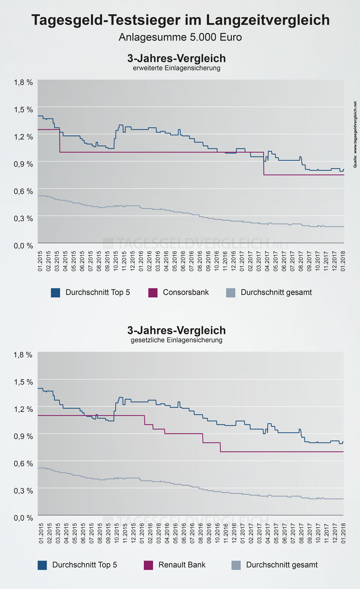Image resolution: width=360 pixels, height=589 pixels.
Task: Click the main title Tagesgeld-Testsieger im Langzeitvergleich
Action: coord(180,20)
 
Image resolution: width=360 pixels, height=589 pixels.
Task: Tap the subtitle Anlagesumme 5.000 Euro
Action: coord(180,37)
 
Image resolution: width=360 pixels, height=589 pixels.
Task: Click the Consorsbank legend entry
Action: coord(185,292)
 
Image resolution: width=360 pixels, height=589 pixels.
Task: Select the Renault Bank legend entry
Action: coord(182,565)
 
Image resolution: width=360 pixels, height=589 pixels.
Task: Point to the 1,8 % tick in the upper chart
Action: coord(23,82)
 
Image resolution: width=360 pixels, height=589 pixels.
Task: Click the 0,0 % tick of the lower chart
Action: coord(23,518)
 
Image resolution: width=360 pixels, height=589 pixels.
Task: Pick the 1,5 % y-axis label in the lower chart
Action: coord(23,382)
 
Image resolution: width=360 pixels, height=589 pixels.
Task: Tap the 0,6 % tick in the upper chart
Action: coord(23,191)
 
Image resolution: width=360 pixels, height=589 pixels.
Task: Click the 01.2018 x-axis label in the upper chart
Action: coord(343,261)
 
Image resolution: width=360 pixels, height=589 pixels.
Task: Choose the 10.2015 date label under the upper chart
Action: coord(116,261)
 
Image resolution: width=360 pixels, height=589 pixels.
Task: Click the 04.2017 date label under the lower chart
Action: coord(268,533)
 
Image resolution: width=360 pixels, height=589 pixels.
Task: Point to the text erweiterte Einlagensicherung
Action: coord(176,68)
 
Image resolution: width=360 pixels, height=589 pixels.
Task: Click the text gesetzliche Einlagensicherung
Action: coord(176,340)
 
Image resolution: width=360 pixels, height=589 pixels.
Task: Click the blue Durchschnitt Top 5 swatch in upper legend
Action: coord(55,293)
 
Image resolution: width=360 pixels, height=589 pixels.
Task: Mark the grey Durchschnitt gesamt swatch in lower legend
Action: coord(236,565)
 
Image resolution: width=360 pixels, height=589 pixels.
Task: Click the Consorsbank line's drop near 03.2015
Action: coord(60,141)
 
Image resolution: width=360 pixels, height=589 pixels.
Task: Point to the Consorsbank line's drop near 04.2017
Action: coord(264,163)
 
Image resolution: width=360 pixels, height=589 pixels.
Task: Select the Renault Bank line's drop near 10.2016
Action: coord(220,447)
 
